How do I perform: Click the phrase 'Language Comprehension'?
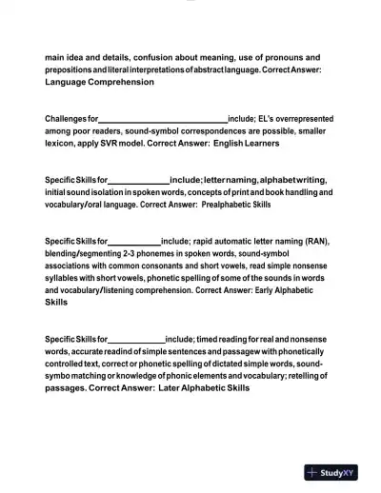[99, 83]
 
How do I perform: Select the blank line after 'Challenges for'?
[163, 119]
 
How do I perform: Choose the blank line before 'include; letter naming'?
[139, 180]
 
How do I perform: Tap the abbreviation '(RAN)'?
[312, 242]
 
